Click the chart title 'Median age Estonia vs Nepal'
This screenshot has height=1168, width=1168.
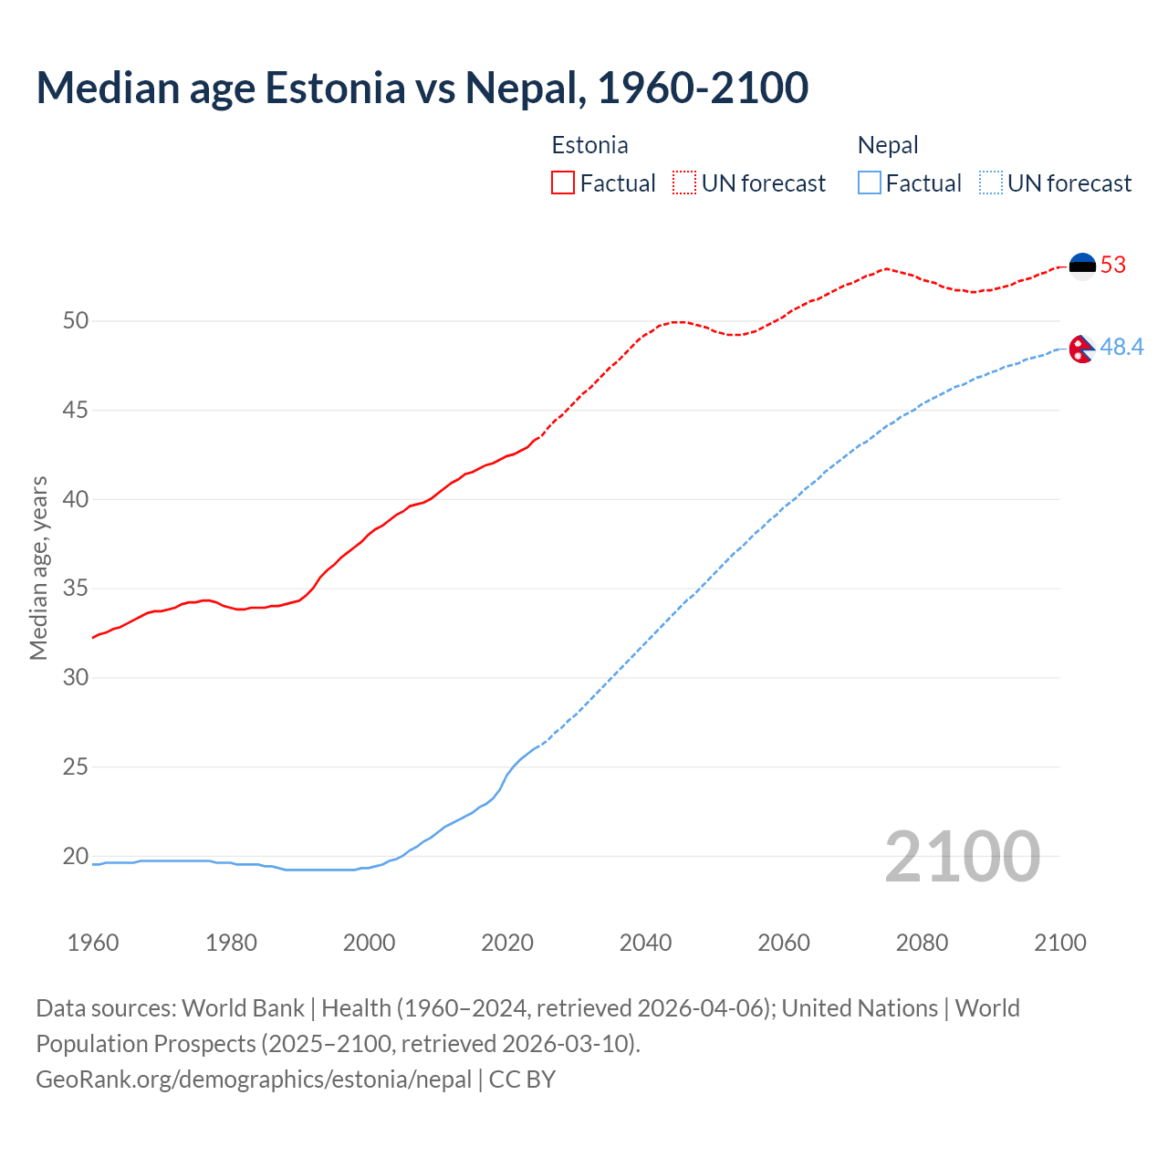pos(422,88)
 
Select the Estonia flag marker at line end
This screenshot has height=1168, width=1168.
pos(1082,266)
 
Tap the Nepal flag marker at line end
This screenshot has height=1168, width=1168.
pos(1081,349)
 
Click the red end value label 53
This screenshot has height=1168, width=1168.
pos(1113,266)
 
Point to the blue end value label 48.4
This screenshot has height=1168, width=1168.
pos(1121,348)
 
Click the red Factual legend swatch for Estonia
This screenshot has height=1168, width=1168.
pos(563,183)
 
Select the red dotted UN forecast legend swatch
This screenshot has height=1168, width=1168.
pos(684,183)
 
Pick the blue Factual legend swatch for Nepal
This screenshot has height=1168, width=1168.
pos(870,183)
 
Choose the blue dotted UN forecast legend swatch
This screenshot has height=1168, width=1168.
pos(990,183)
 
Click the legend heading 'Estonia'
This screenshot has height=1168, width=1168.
pos(589,145)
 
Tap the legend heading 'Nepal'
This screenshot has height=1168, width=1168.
pos(888,145)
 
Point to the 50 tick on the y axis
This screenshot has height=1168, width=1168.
pos(76,321)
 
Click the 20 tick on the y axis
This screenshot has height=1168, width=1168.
pos(76,856)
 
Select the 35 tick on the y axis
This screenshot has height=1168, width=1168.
pos(76,589)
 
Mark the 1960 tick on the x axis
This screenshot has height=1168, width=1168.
pos(93,943)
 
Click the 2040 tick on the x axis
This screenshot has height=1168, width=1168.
pos(645,943)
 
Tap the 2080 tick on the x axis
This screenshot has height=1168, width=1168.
pos(922,943)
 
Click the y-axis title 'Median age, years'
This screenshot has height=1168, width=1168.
pos(38,568)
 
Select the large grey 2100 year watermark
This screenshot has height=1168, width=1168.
pos(962,856)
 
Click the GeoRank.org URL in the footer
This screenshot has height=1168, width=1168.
pos(254,1079)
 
